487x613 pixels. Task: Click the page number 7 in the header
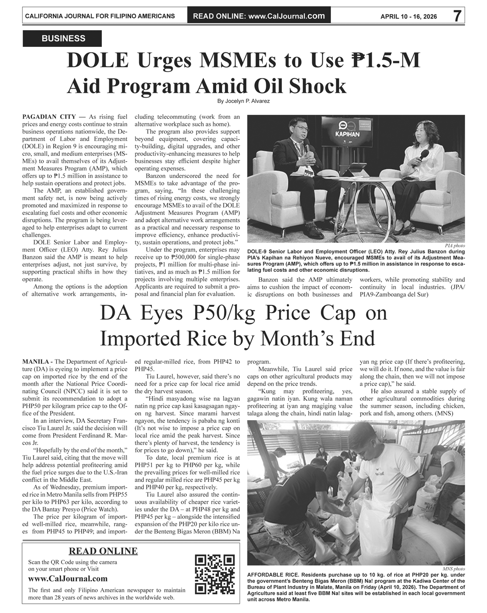[457, 16]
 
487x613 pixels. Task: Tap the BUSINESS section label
[63, 39]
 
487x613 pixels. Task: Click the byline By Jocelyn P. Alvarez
[243, 101]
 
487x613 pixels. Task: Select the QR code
[215, 574]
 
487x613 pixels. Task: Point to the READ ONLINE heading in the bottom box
[103, 551]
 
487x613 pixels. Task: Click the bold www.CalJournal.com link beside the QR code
[68, 579]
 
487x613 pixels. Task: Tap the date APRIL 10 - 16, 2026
[409, 17]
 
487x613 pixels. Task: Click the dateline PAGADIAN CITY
[49, 117]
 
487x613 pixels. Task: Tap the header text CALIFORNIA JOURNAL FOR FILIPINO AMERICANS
[100, 16]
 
